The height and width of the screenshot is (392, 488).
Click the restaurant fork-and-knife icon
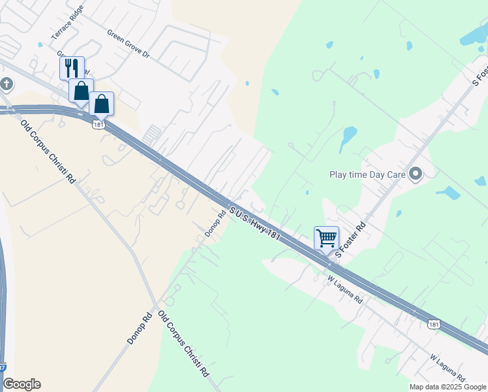(x=72, y=67)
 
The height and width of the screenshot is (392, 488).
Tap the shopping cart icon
(x=326, y=237)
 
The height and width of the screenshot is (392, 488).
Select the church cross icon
(x=7, y=84)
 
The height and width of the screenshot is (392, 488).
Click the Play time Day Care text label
(x=367, y=174)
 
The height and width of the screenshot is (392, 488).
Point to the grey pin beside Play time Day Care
(x=416, y=174)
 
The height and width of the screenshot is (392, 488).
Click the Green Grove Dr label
(x=129, y=43)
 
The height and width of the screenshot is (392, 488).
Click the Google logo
(x=22, y=384)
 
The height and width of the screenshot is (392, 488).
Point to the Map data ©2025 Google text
(x=448, y=387)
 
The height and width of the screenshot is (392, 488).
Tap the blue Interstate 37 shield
(x=3, y=368)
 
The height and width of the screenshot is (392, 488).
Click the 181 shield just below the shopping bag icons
(x=99, y=124)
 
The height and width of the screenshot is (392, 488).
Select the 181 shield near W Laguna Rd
(x=435, y=324)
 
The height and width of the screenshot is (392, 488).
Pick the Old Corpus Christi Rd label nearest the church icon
(x=48, y=152)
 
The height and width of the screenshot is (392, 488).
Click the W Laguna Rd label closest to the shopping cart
(x=345, y=289)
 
